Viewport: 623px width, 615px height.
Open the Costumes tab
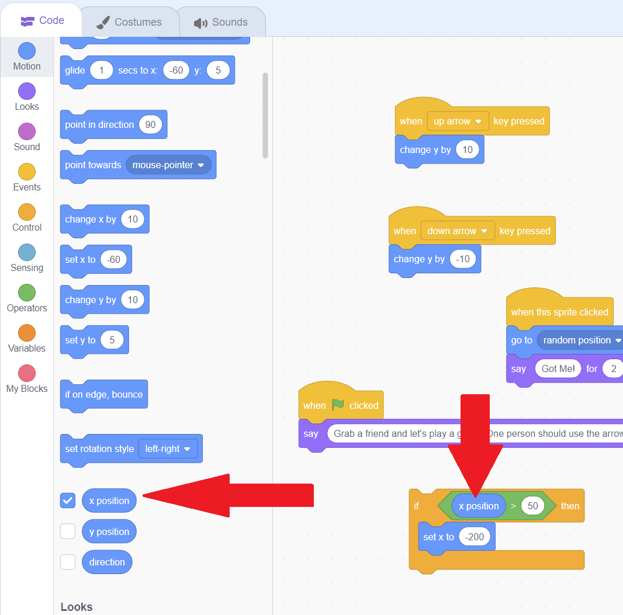[130, 22]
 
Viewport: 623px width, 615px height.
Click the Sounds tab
[221, 22]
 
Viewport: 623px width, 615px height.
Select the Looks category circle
[27, 91]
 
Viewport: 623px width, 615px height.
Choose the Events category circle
[27, 172]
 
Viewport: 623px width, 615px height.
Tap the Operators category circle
[27, 293]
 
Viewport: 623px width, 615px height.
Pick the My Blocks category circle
[27, 373]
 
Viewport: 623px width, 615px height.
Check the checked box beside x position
[68, 501]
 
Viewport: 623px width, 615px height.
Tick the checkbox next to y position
[68, 531]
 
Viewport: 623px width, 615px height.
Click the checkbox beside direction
[68, 562]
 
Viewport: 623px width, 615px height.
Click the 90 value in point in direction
[150, 124]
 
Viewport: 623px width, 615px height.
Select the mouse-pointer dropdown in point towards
[168, 165]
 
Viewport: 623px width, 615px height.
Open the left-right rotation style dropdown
[168, 449]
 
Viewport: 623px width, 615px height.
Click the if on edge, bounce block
[103, 394]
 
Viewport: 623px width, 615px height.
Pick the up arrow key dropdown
[458, 121]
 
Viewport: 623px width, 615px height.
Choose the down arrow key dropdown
[458, 231]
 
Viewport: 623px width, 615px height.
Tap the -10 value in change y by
[462, 259]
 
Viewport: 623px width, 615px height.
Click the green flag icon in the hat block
[338, 405]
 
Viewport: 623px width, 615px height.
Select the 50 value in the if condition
[532, 506]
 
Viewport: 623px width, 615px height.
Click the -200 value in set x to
[475, 537]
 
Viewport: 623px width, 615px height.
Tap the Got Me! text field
[558, 369]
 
